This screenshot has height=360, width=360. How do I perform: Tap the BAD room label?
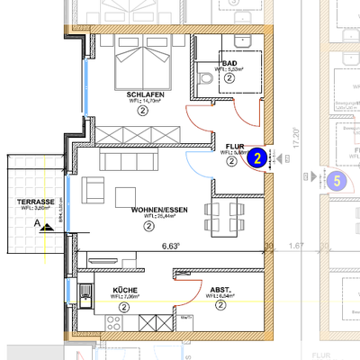tap(229, 63)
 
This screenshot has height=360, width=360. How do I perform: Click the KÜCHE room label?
tap(123, 290)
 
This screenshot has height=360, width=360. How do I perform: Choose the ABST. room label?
tap(220, 290)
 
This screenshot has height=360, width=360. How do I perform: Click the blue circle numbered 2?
tap(258, 159)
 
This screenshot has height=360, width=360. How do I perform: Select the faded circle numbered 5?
tap(337, 180)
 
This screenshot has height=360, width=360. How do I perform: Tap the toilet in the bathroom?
tap(208, 80)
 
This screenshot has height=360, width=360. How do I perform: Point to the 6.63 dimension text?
tap(171, 246)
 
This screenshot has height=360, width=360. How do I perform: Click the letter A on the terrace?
tap(37, 221)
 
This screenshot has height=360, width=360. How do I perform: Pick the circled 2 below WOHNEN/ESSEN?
tap(148, 226)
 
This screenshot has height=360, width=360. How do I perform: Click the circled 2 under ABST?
tap(220, 305)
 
